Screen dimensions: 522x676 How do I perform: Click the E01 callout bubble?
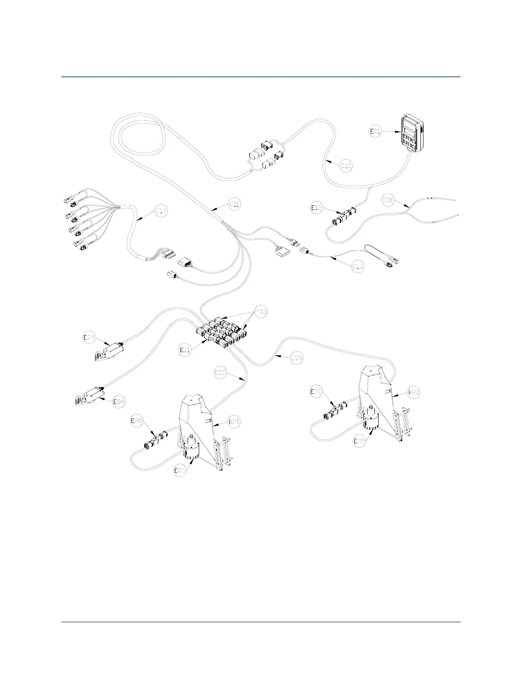click(x=375, y=132)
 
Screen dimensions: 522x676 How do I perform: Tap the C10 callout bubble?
click(x=346, y=166)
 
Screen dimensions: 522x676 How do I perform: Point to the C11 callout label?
click(x=235, y=204)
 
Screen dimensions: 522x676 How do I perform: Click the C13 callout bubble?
click(x=358, y=267)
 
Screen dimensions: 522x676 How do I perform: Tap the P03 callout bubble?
click(x=261, y=312)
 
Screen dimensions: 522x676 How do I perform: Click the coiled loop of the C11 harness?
click(x=139, y=137)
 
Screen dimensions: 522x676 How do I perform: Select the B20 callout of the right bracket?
click(x=414, y=392)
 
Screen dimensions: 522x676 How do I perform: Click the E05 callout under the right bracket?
click(x=360, y=441)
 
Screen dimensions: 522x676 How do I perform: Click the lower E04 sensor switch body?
click(x=92, y=396)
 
